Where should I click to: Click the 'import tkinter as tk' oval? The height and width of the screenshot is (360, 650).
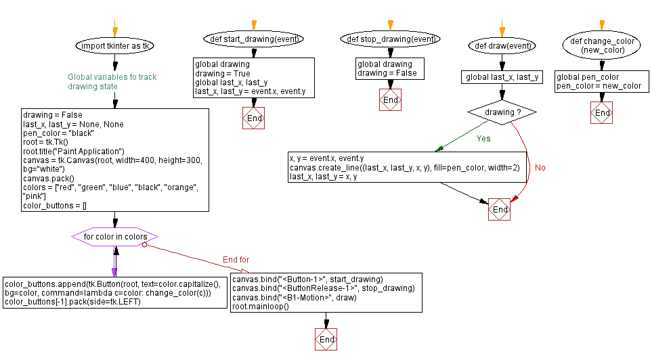[x=115, y=46]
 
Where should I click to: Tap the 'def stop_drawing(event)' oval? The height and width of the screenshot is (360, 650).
[x=390, y=39]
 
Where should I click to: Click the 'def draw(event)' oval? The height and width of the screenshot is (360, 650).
[x=502, y=46]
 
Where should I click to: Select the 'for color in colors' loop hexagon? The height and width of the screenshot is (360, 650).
[x=115, y=237]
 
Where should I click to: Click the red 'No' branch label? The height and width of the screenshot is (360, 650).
[x=540, y=168]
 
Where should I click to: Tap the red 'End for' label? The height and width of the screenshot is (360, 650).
[x=236, y=260]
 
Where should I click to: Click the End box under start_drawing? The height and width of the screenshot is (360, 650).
[x=254, y=118]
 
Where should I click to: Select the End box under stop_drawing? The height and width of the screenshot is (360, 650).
[x=390, y=100]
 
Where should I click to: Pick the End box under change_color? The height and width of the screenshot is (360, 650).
[x=601, y=112]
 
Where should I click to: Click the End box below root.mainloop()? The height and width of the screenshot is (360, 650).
[x=326, y=339]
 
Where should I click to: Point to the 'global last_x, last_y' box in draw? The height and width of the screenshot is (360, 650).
[x=502, y=77]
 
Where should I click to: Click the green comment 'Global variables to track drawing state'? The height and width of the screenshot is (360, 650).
[x=112, y=82]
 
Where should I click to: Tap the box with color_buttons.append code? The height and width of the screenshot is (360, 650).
[x=115, y=293]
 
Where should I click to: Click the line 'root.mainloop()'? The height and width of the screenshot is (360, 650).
[x=261, y=307]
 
